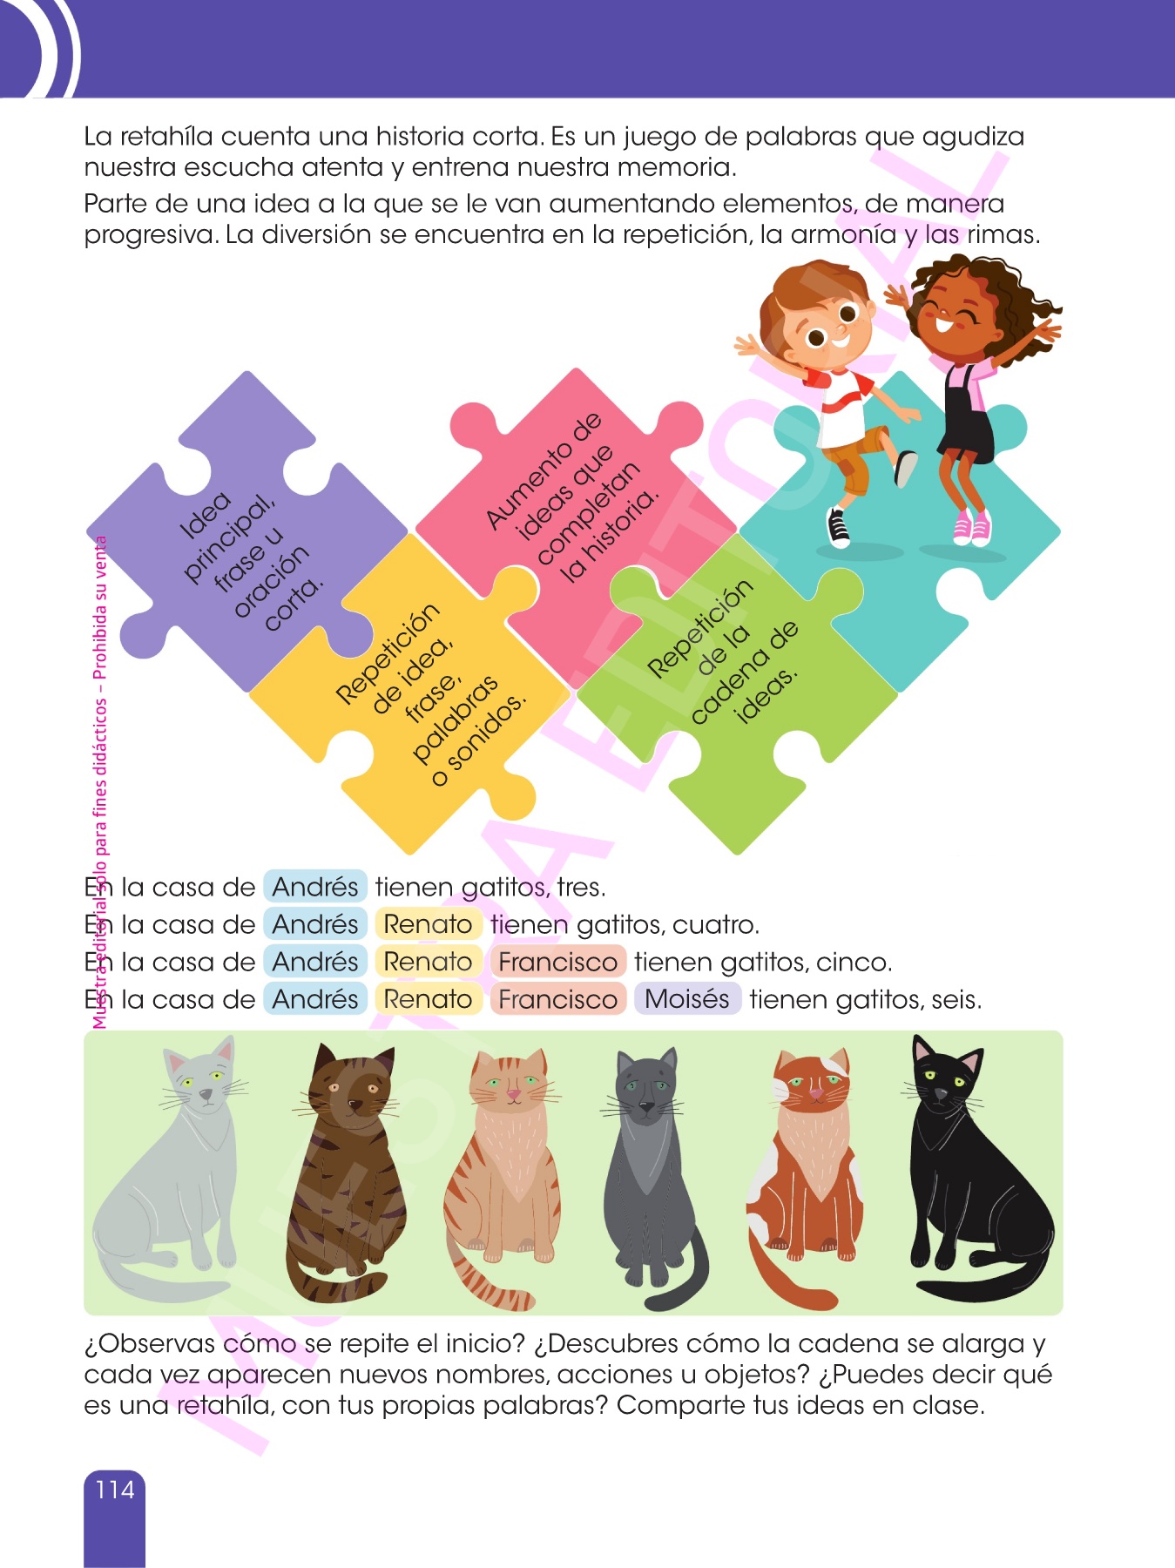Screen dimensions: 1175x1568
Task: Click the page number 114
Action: click(x=115, y=1490)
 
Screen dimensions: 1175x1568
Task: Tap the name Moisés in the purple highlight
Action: click(x=687, y=998)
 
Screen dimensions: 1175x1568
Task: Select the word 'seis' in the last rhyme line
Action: click(x=956, y=999)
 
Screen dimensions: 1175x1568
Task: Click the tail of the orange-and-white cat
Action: click(x=788, y=1272)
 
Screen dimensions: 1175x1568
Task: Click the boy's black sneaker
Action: click(x=837, y=526)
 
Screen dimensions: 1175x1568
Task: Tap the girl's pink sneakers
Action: click(x=971, y=527)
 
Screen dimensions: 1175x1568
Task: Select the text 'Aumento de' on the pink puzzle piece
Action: click(x=544, y=470)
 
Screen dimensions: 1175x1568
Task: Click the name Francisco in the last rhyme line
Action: click(x=557, y=999)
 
